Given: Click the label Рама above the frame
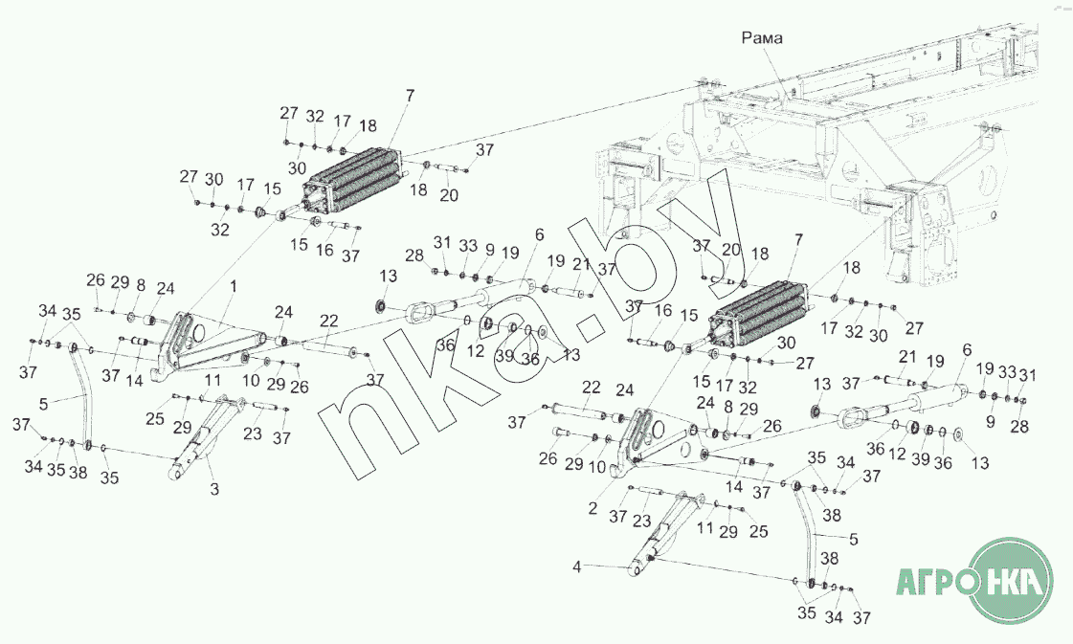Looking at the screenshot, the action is click(x=762, y=37).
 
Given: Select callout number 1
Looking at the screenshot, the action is click(x=234, y=287).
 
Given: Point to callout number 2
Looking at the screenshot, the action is click(x=592, y=508).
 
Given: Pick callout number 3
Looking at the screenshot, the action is click(x=214, y=489).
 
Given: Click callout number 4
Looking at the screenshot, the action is click(x=577, y=567).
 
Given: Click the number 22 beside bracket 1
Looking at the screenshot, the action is click(x=329, y=321).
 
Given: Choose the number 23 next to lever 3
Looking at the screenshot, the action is click(x=253, y=433).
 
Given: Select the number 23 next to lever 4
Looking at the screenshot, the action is click(x=641, y=521).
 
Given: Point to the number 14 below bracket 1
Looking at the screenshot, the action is click(x=135, y=381).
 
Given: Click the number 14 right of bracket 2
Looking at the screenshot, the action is click(x=734, y=487).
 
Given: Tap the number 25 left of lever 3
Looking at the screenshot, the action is click(x=155, y=418).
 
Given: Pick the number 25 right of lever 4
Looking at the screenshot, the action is click(x=758, y=531).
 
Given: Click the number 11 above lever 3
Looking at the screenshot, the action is click(x=212, y=381).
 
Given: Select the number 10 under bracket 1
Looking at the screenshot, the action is click(x=251, y=381).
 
